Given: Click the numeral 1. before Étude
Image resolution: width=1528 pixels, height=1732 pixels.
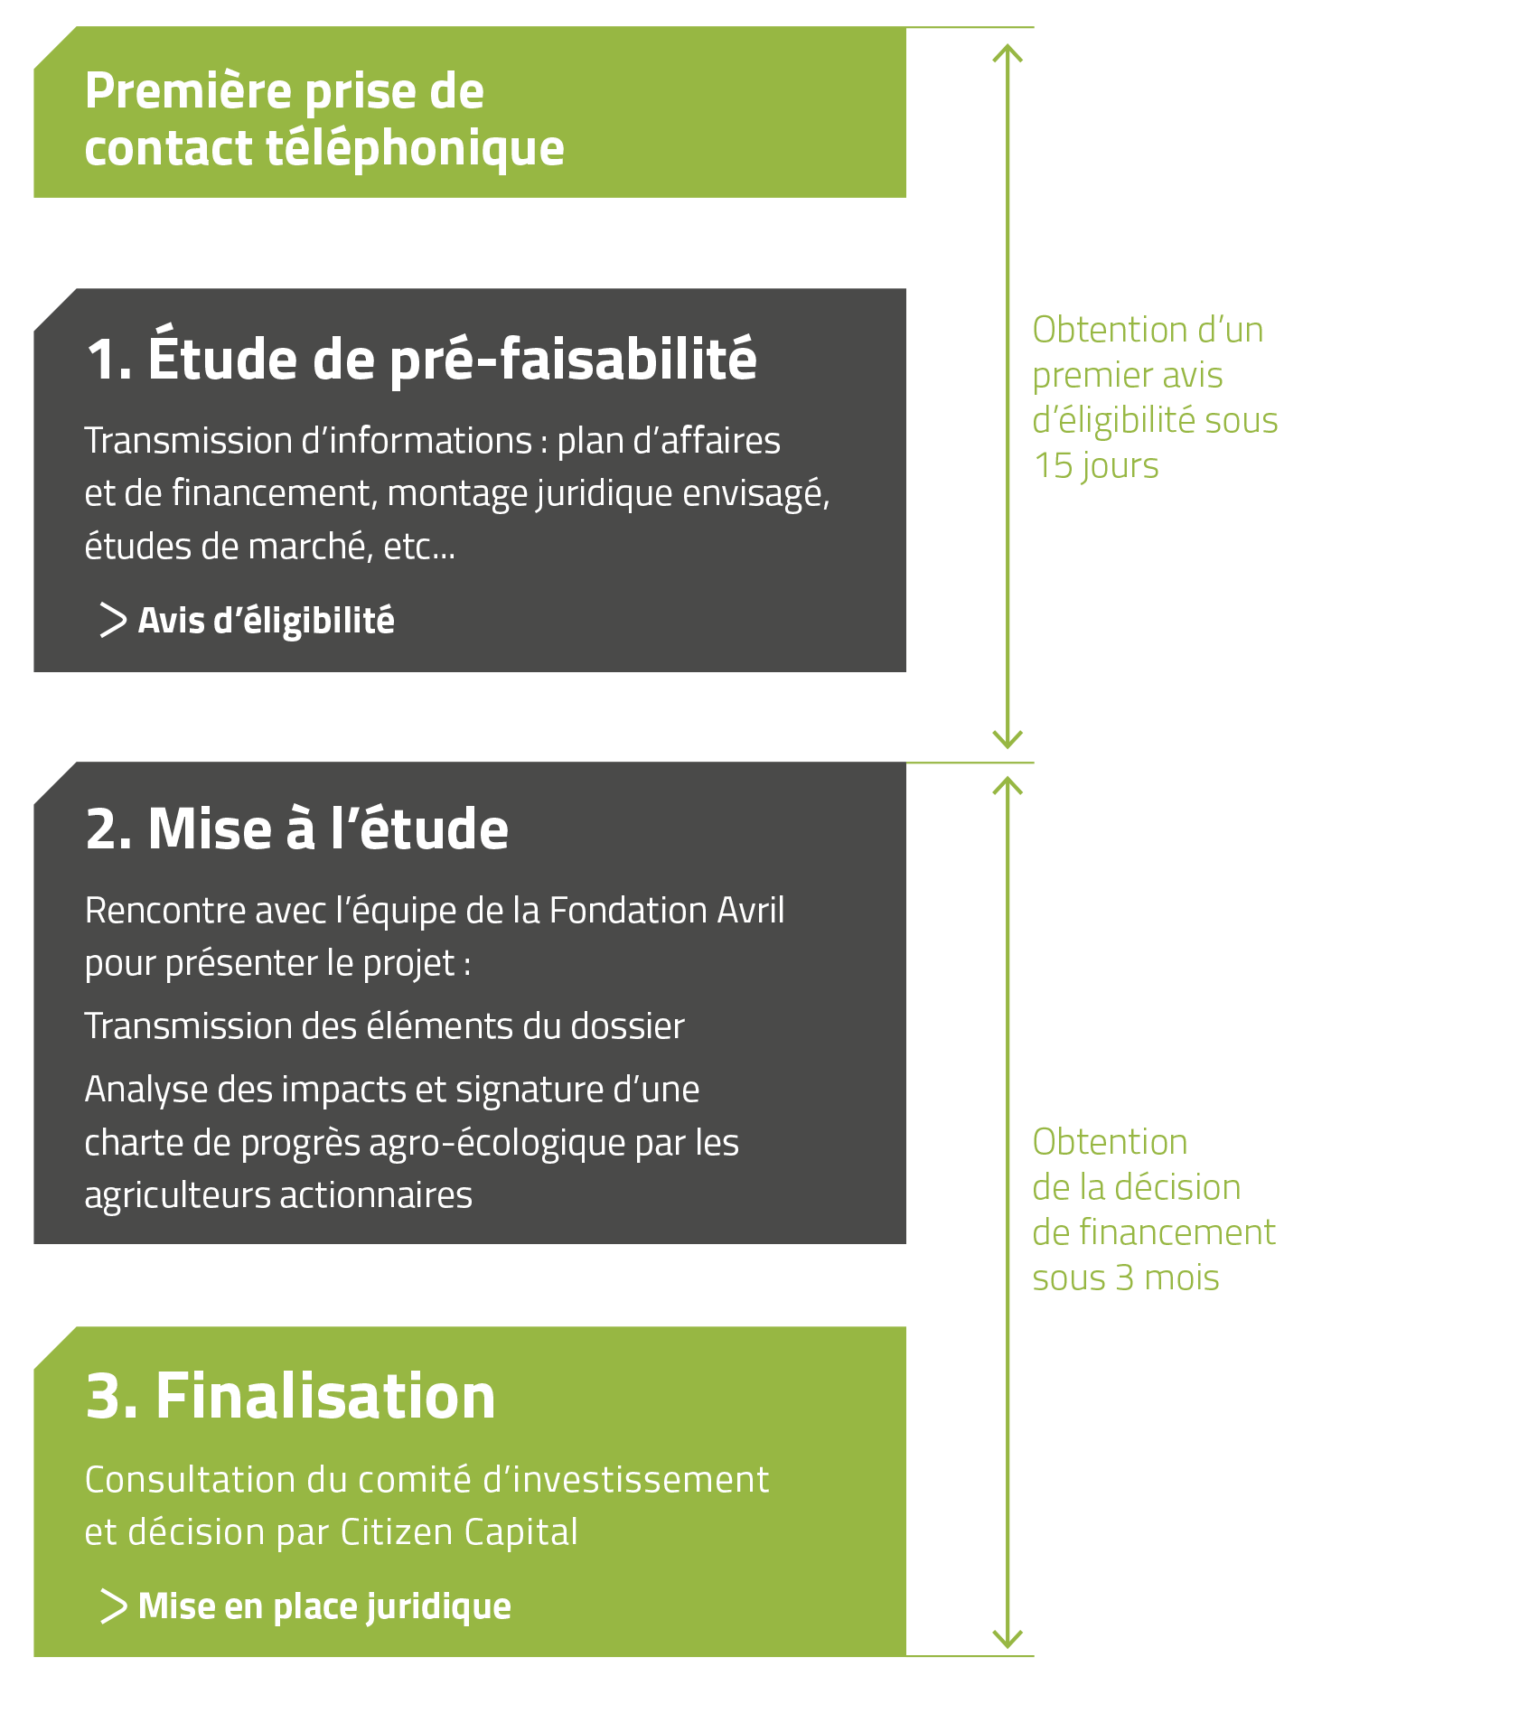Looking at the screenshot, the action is click(109, 359).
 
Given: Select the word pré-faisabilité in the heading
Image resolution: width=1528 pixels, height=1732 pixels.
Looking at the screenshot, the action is click(573, 360).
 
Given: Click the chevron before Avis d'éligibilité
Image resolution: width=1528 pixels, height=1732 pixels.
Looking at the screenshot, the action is click(113, 620).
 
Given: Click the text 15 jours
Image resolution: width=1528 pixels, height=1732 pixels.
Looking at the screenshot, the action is click(1095, 466).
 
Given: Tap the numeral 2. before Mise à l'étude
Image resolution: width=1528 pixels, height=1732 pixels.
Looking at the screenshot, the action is click(109, 829).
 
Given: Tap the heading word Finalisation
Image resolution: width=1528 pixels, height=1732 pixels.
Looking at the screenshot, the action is click(325, 1396).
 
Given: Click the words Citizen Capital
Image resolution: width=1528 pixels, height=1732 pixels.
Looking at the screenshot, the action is click(459, 1532).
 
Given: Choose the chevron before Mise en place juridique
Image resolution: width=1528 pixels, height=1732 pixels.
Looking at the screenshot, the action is click(113, 1606).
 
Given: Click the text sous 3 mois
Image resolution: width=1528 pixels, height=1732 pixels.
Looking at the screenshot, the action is click(1126, 1278).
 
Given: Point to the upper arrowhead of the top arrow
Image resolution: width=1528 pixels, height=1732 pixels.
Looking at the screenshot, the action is click(1008, 47).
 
